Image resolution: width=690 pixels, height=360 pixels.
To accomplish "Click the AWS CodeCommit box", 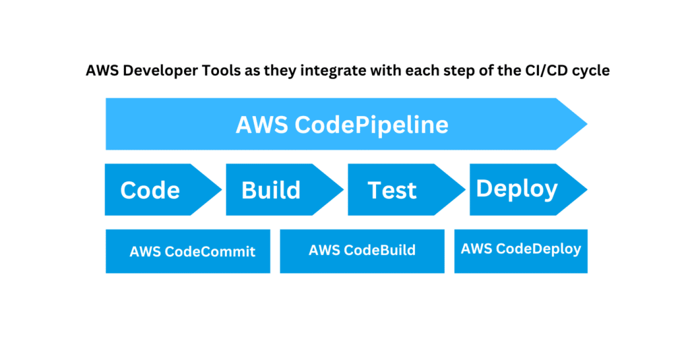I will (188, 251).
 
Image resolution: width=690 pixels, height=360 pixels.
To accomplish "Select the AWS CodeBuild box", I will (362, 251).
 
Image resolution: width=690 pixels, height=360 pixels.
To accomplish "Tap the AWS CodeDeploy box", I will (521, 249).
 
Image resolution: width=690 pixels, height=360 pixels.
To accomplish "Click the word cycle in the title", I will (592, 71).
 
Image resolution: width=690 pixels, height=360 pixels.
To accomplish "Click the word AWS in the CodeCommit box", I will (144, 252).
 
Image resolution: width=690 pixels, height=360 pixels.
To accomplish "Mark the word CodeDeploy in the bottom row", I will (538, 249).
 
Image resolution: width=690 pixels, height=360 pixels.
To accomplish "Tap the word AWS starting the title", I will (100, 71).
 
